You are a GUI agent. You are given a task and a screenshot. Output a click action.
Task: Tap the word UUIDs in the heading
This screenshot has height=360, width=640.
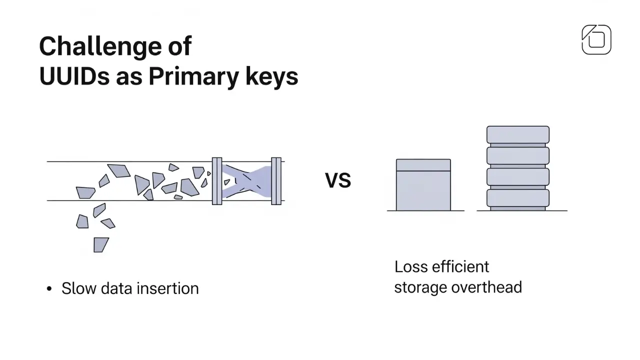point(74,76)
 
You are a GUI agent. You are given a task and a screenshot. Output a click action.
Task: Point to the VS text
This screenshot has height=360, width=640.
point(338,180)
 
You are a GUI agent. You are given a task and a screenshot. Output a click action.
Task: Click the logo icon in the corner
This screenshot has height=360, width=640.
point(596,39)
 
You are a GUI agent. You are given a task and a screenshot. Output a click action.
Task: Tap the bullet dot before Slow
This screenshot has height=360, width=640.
point(49,289)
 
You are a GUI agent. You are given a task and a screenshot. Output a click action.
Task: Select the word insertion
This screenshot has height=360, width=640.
point(167,288)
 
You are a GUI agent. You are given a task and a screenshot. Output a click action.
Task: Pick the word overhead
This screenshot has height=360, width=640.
point(486,287)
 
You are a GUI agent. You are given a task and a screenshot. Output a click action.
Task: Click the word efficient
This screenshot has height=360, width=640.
point(460,267)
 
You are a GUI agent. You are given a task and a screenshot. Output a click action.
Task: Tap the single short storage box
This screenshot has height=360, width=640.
point(423,185)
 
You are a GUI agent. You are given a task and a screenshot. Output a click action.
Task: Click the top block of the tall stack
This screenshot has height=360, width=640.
point(518,134)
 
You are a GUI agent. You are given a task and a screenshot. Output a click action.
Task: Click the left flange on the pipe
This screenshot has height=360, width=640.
point(217,181)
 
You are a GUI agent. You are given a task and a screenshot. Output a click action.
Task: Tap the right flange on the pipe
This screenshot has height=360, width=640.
point(276,181)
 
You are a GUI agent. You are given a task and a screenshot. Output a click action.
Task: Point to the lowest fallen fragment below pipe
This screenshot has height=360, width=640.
point(101,245)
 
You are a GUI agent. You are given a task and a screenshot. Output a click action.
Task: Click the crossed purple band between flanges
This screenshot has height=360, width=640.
point(246,181)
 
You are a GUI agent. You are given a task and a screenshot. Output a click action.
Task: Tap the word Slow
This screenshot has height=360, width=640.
point(79,288)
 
